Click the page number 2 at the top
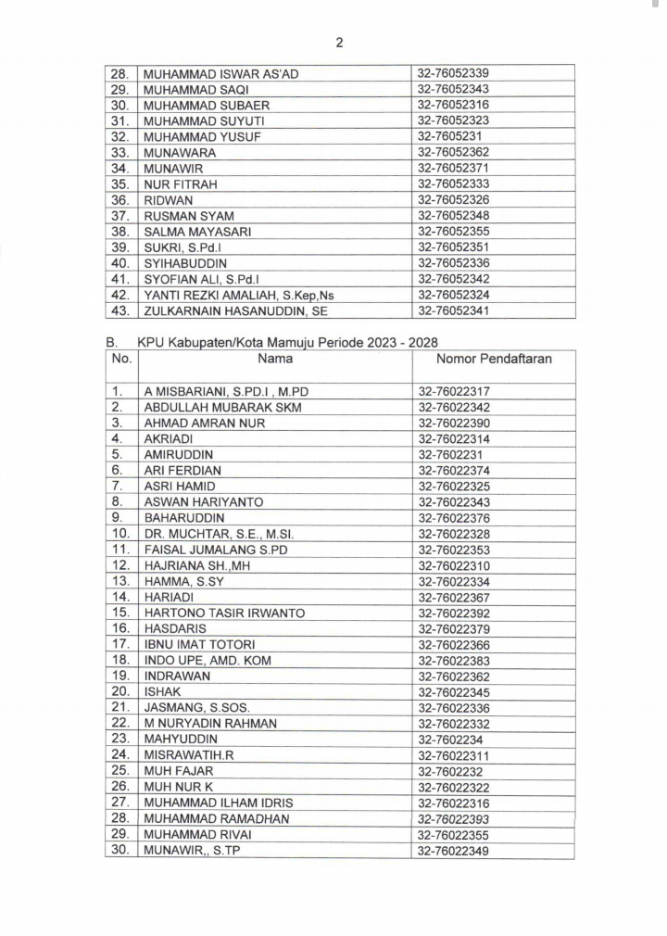point(339,42)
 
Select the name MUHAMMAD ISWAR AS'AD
point(221,73)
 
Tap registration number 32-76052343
point(453,89)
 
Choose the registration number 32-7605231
point(449,136)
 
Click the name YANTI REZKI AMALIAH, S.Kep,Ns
point(238,295)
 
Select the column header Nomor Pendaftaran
point(494,359)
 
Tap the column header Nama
point(275,359)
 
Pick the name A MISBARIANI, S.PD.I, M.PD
point(226,392)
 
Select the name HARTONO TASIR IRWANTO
point(224,613)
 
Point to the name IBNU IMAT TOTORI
point(199,645)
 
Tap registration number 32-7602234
point(449,740)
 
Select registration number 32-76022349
point(453,850)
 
